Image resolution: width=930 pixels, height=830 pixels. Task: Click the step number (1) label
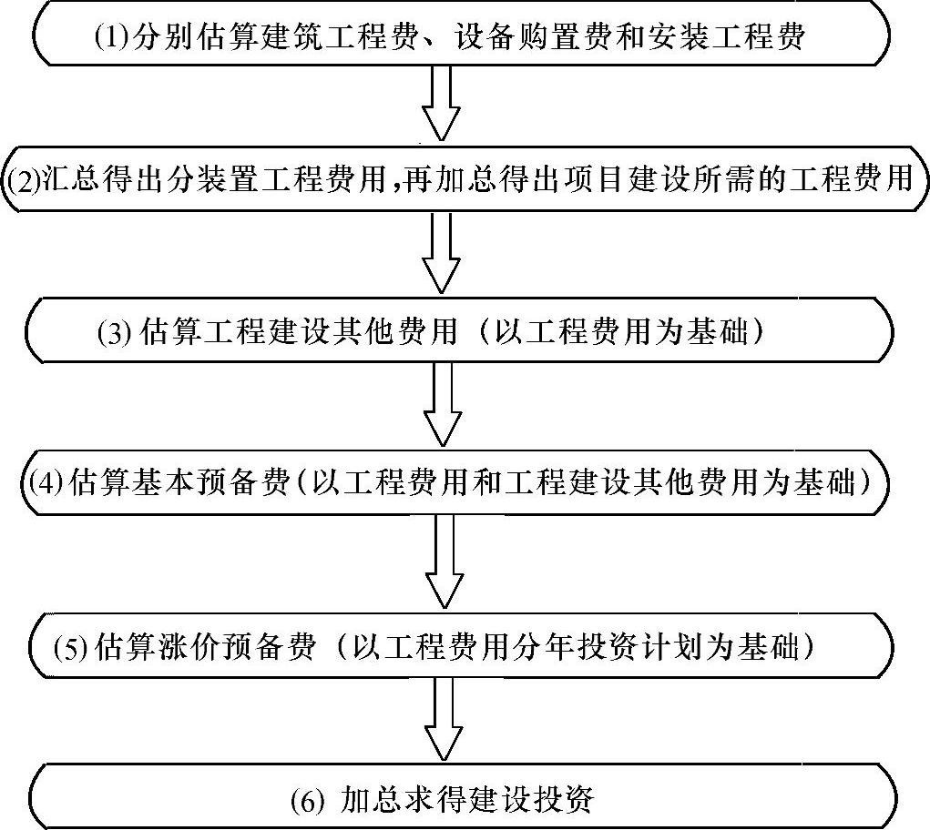click(x=113, y=37)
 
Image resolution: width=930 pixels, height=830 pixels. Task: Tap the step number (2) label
click(x=22, y=178)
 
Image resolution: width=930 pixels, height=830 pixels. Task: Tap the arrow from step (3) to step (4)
click(x=445, y=404)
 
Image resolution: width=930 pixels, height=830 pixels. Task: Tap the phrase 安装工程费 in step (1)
click(x=735, y=36)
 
